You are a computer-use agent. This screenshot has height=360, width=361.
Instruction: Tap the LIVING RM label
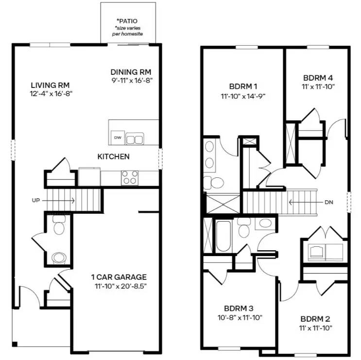tap(49, 85)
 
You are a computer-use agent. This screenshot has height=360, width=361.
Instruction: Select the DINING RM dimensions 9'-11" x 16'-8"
tap(131, 81)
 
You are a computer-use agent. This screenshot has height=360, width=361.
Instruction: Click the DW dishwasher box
tap(117, 138)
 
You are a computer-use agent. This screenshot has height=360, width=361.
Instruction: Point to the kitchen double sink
tap(135, 139)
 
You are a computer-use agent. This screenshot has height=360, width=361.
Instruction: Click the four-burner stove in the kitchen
tap(129, 177)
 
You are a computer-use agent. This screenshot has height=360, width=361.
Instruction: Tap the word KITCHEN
tap(113, 156)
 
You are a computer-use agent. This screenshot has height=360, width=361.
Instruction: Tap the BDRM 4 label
tap(318, 78)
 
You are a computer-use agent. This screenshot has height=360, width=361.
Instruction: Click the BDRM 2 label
tap(315, 319)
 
